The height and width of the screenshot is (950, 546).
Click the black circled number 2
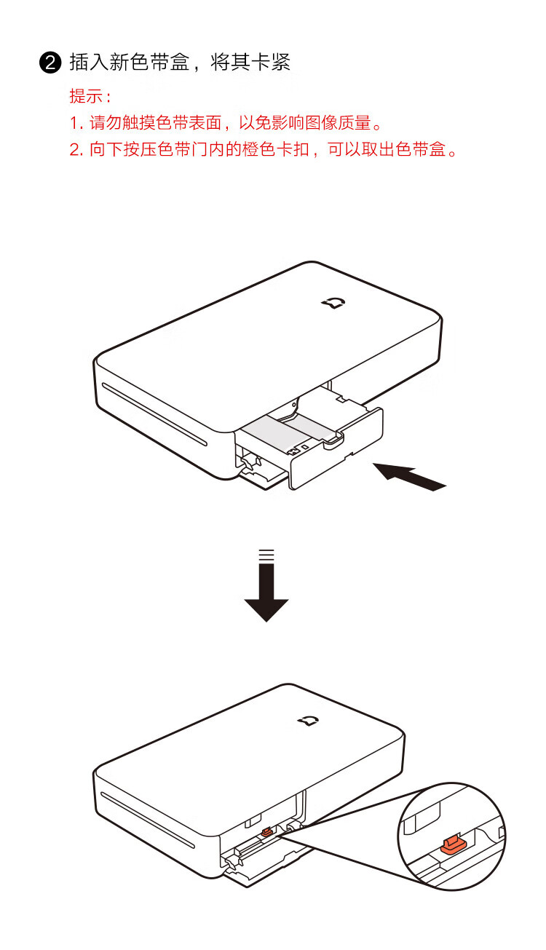click(50, 63)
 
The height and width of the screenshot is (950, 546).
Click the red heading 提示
click(86, 96)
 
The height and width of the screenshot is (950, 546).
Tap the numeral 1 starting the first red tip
click(74, 124)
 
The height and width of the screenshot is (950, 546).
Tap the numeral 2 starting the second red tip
click(75, 150)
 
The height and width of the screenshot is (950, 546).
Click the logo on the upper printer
click(333, 303)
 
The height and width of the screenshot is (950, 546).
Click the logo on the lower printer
click(308, 721)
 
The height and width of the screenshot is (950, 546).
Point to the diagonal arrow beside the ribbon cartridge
click(409, 477)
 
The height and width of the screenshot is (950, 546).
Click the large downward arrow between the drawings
click(266, 591)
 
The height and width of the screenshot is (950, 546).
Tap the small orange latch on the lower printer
click(266, 833)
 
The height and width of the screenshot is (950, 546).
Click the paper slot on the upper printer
click(154, 414)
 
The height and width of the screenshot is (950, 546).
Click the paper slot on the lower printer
click(147, 820)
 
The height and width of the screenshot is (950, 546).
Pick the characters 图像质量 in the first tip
click(338, 123)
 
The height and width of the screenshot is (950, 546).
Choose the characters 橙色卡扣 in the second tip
click(275, 149)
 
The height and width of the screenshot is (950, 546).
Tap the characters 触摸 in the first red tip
click(139, 123)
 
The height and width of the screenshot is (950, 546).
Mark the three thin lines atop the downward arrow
click(266, 555)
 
